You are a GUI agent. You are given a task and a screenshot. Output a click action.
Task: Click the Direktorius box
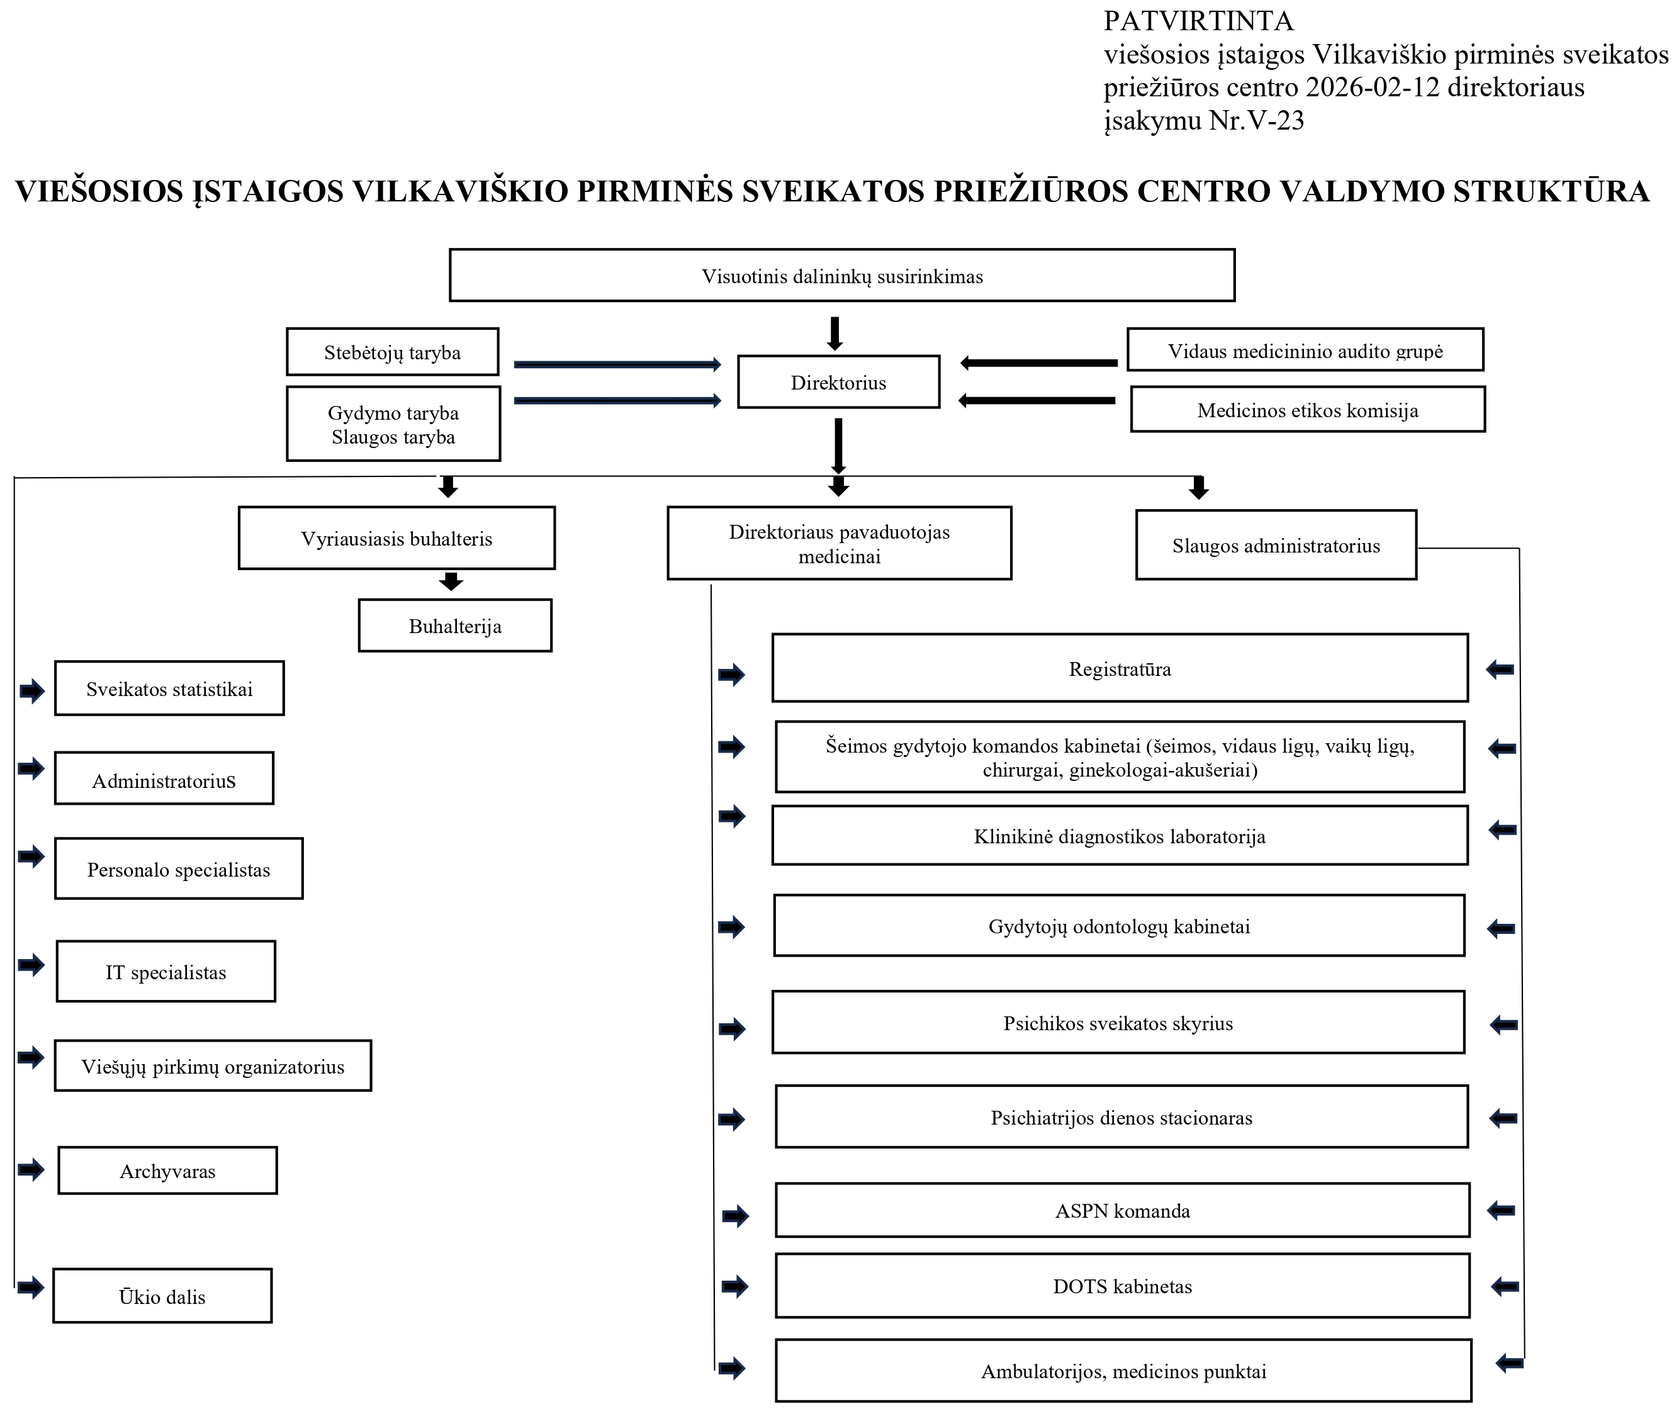pyautogui.click(x=838, y=382)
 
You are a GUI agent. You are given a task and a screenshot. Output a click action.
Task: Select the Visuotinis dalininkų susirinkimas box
pyautogui.click(x=841, y=276)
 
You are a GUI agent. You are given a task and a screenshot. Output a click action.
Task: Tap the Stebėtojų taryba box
pyautogui.click(x=392, y=352)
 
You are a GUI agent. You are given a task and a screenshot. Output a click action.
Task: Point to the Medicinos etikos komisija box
pyautogui.click(x=1307, y=410)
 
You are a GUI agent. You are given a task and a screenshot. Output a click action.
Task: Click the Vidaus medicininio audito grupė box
pyautogui.click(x=1305, y=351)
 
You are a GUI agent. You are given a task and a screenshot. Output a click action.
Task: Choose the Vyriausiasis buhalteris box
pyautogui.click(x=396, y=538)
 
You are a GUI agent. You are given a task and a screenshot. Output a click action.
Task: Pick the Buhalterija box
pyautogui.click(x=454, y=626)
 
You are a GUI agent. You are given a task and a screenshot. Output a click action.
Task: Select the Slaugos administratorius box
pyautogui.click(x=1276, y=546)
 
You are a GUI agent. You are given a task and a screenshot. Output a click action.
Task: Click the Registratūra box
pyautogui.click(x=1119, y=668)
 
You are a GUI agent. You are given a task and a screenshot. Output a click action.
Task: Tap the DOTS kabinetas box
pyautogui.click(x=1121, y=1286)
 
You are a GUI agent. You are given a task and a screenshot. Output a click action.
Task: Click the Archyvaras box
pyautogui.click(x=167, y=1171)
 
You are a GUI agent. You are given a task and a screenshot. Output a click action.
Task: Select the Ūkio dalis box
pyautogui.click(x=162, y=1296)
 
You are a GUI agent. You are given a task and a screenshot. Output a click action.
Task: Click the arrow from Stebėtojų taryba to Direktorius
pyautogui.click(x=617, y=365)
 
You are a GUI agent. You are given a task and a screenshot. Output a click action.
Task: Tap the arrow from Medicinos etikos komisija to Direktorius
pyautogui.click(x=1036, y=400)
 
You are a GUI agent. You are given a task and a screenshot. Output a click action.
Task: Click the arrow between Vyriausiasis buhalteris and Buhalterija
pyautogui.click(x=451, y=581)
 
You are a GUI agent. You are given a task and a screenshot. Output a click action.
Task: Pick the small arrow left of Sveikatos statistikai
pyautogui.click(x=31, y=690)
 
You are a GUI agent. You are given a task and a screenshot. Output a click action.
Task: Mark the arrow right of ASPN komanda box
pyautogui.click(x=1501, y=1210)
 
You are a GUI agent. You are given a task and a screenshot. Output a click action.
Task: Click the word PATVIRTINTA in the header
pyautogui.click(x=1198, y=21)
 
